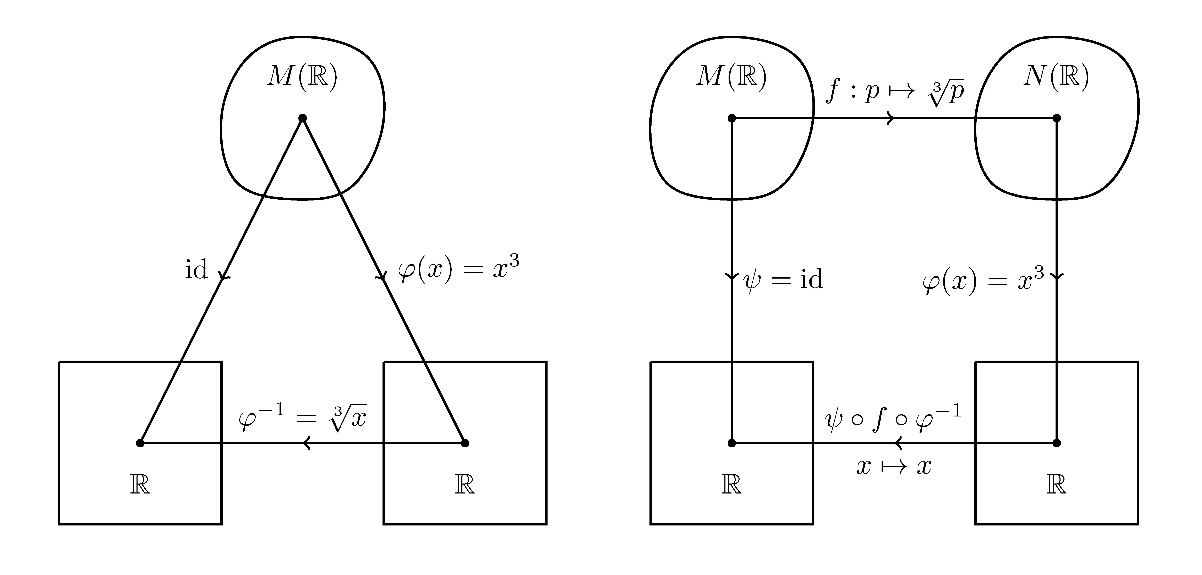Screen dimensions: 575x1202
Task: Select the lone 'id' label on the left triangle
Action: [x=196, y=270]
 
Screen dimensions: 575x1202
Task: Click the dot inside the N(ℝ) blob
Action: [x=1057, y=118]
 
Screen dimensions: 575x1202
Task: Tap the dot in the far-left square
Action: [x=140, y=443]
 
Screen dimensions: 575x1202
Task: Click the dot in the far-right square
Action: [x=1057, y=443]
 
